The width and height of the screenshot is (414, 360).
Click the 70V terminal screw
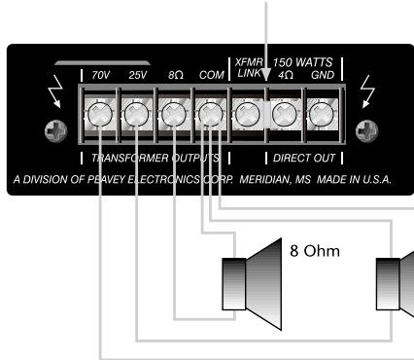[99, 117]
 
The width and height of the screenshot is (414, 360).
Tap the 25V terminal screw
[136, 117]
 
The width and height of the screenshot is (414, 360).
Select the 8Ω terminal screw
[173, 117]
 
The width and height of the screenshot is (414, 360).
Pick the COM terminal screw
[209, 117]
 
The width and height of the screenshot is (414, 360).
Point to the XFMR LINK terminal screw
[247, 117]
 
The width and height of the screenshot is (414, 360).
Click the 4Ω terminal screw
[284, 117]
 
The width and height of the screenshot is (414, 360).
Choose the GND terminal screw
[320, 117]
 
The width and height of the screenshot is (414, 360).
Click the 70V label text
[100, 74]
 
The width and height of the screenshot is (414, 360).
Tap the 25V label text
[136, 74]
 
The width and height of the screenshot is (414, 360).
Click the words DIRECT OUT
[299, 157]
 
